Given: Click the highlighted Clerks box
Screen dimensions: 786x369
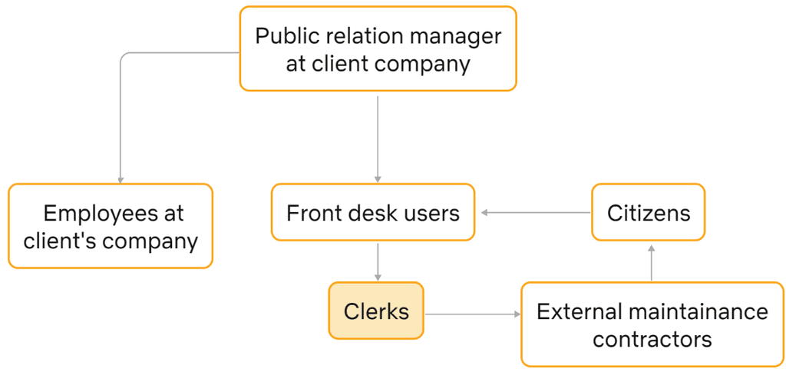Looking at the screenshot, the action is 376,311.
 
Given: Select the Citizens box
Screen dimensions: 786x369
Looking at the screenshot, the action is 648,212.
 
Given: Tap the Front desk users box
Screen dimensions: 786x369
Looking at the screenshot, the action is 373,212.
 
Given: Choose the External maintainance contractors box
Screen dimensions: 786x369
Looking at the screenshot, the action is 652,324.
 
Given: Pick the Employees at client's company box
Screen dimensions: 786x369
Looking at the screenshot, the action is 111,226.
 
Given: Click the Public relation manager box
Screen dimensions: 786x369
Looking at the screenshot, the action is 378,48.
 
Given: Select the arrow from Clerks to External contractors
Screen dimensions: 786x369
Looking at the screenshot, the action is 473,314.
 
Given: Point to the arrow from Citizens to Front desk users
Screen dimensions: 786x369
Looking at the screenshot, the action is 536,213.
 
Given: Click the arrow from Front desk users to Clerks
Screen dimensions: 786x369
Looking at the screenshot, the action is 378,263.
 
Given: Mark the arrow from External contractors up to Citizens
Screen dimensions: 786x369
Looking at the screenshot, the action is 651,263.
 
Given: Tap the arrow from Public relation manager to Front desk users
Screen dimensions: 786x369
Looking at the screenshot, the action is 378,139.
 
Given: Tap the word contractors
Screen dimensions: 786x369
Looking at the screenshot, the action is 652,339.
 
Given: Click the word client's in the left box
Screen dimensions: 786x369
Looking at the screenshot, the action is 59,241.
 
